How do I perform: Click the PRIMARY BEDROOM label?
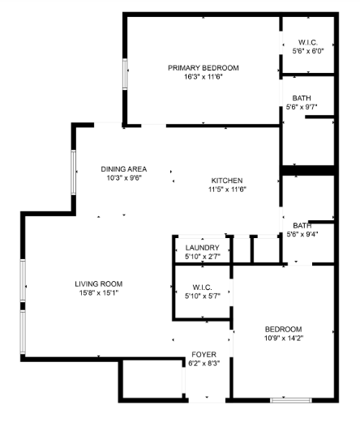tap(203, 67)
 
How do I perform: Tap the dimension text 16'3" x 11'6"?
tap(203, 77)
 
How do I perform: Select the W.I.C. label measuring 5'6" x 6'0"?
tap(307, 42)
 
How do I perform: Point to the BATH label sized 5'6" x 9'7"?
tap(302, 97)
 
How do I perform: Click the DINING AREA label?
tap(123, 169)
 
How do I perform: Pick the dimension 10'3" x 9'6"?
tap(123, 178)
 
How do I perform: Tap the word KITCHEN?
tap(227, 181)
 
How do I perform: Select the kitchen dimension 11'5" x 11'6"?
tap(227, 190)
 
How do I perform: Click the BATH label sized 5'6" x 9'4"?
tap(302, 225)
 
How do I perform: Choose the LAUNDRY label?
tap(202, 248)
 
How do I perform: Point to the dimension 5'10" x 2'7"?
tap(202, 257)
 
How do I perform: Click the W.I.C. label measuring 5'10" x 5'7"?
tap(202, 287)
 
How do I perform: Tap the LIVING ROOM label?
tap(98, 283)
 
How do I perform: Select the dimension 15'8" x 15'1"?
tap(98, 293)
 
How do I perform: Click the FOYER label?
tap(202, 355)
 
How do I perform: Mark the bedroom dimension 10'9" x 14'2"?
tap(283, 339)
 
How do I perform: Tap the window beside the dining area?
tap(73, 172)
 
